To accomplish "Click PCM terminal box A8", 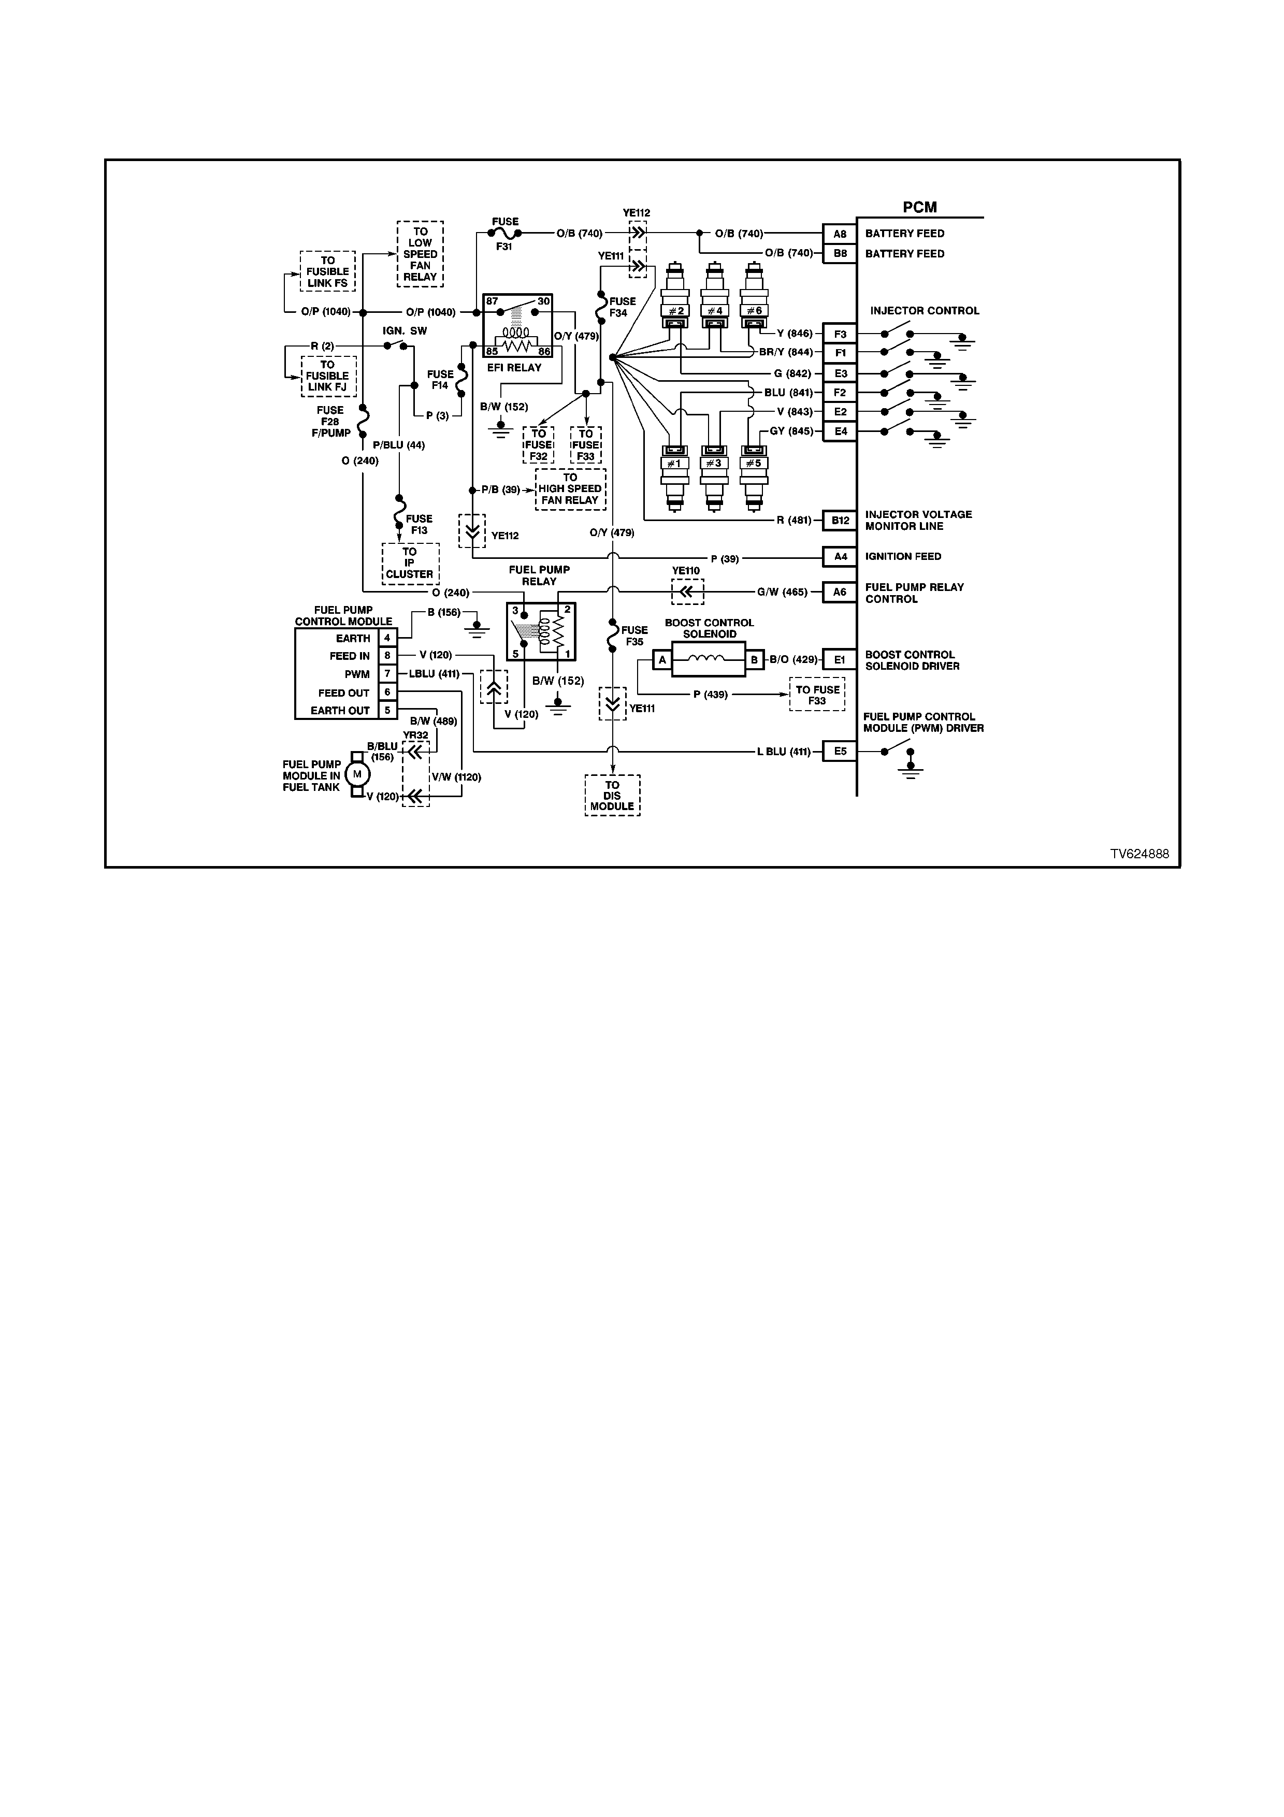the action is click(x=840, y=234).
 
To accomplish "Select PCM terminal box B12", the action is click(x=840, y=521).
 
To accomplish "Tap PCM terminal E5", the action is click(x=840, y=751).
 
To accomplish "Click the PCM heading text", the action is click(x=919, y=207).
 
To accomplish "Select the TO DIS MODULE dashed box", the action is click(x=612, y=796).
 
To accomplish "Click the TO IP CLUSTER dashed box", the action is click(x=410, y=564).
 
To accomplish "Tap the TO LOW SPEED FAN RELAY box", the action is click(x=420, y=254).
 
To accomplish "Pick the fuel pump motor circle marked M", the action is click(x=357, y=774).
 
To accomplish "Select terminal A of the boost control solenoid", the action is click(x=662, y=660).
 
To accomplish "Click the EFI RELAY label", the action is click(x=514, y=367).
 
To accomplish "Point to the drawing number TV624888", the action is click(x=1139, y=854).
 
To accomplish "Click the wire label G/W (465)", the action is click(x=783, y=592).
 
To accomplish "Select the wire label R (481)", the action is click(x=795, y=521).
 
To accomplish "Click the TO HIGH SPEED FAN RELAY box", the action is click(x=570, y=489).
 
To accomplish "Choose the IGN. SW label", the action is click(x=405, y=331).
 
